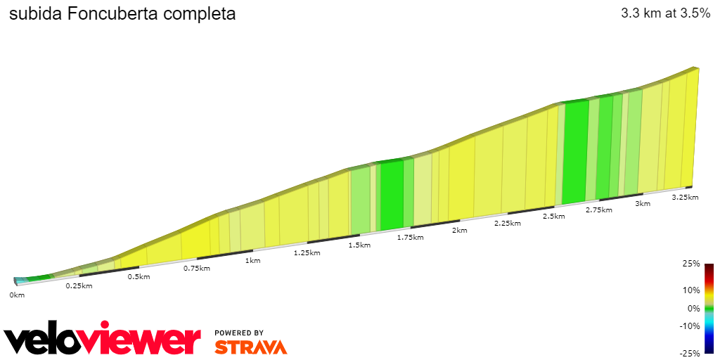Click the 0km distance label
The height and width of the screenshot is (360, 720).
coord(17,295)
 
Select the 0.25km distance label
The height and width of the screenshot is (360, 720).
coord(79,285)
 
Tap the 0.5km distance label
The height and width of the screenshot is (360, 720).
coord(139,276)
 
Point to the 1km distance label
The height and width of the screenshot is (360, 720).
coord(252,260)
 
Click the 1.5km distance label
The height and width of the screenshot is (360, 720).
coord(359,245)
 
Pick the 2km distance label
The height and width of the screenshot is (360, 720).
coord(460,231)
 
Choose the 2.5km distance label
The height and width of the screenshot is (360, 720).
coord(554,216)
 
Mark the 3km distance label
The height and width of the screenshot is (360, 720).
coord(643,203)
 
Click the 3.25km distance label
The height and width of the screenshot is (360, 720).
coord(685,197)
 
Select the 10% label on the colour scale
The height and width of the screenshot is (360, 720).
coord(692,290)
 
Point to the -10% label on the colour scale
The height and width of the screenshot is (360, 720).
coord(690,326)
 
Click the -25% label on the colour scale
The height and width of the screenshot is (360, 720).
coord(690,353)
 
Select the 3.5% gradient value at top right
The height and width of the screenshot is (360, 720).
coord(692,13)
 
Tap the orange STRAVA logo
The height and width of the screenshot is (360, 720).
coord(250,347)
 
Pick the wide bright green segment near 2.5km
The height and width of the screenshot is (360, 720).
coord(575,151)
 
